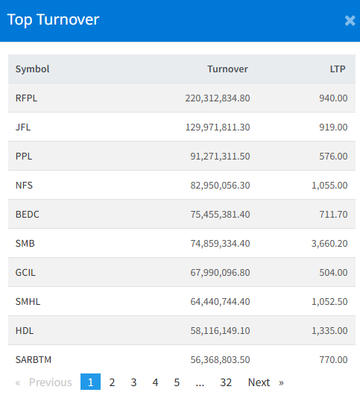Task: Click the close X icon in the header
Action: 350,21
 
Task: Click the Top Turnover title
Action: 53,20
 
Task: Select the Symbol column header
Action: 32,69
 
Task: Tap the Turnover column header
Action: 227,69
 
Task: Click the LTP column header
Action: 338,69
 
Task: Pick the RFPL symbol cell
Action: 26,98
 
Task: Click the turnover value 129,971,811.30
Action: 218,127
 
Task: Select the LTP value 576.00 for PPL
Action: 333,156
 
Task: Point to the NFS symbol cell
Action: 24,186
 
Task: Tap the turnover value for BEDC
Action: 220,215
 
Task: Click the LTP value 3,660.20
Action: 329,244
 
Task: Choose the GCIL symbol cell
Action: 25,273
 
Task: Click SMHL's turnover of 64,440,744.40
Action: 220,302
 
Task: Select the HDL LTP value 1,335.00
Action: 329,330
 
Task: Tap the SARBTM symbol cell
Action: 34,360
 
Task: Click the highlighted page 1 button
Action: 90,382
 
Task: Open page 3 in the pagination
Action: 133,382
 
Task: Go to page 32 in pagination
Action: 226,382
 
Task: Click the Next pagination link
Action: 259,382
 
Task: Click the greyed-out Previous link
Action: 50,382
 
